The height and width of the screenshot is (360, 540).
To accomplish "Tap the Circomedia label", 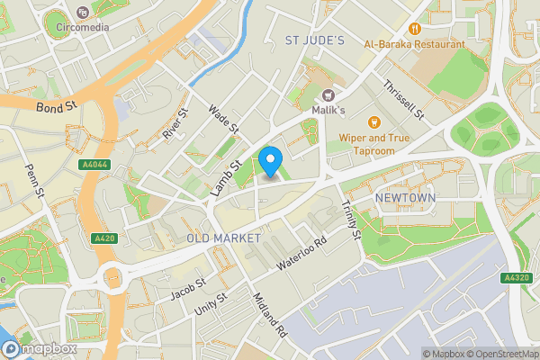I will point(82,27).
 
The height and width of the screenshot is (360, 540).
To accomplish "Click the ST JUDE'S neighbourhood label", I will point(315,40).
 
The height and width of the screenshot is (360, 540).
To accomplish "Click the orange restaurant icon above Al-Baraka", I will point(416,27).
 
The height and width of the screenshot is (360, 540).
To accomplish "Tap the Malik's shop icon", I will point(328,94).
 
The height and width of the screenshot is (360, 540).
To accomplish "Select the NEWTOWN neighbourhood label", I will point(405,198).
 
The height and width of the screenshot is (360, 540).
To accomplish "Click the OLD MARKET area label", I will point(223,238).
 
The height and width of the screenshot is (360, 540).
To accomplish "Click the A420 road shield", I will point(104,238).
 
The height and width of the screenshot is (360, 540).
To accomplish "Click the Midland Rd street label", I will point(269,315).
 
